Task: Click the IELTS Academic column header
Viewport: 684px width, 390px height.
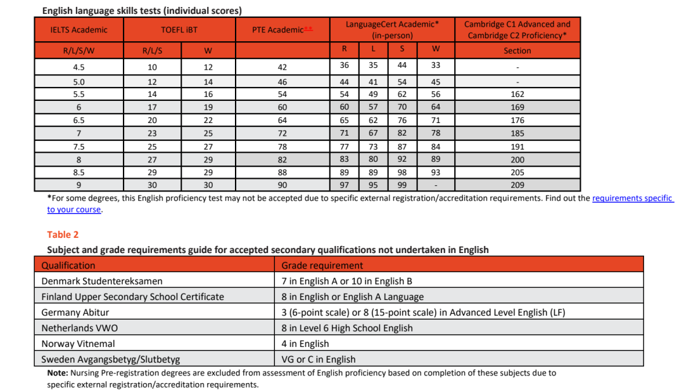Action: pyautogui.click(x=79, y=30)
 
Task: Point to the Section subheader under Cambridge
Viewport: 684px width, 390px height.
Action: pyautogui.click(x=517, y=51)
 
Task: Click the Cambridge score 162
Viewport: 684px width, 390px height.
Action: pyautogui.click(x=517, y=94)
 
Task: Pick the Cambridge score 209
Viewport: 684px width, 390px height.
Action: pyautogui.click(x=517, y=185)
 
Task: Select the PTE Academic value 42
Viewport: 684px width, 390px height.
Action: pyautogui.click(x=282, y=67)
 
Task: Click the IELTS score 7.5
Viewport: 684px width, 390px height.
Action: pyautogui.click(x=79, y=146)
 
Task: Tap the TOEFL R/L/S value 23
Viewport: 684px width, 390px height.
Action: pyautogui.click(x=152, y=133)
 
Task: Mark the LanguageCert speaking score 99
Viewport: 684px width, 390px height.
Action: pyautogui.click(x=402, y=185)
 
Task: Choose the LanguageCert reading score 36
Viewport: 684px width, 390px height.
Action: pyautogui.click(x=345, y=65)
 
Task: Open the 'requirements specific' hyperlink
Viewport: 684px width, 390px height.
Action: pyautogui.click(x=632, y=198)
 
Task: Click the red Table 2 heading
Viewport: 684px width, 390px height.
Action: pyautogui.click(x=63, y=235)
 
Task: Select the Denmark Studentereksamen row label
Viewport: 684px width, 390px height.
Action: pyautogui.click(x=102, y=281)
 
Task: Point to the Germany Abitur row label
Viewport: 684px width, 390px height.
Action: pyautogui.click(x=75, y=312)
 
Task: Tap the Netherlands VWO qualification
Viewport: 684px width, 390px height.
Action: pyautogui.click(x=80, y=328)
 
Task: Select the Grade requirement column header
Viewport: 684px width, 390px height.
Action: pyautogui.click(x=322, y=265)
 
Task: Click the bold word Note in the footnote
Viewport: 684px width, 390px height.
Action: pyautogui.click(x=58, y=373)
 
